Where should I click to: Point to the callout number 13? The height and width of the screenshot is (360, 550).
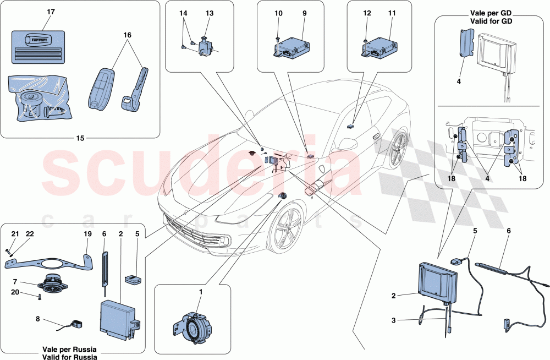click(x=210, y=13)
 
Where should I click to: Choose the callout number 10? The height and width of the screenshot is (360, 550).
click(x=279, y=13)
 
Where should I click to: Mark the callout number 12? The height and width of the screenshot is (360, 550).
click(x=367, y=13)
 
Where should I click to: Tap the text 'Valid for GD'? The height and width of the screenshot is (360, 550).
click(x=491, y=21)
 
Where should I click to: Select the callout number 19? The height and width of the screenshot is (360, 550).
click(x=87, y=233)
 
